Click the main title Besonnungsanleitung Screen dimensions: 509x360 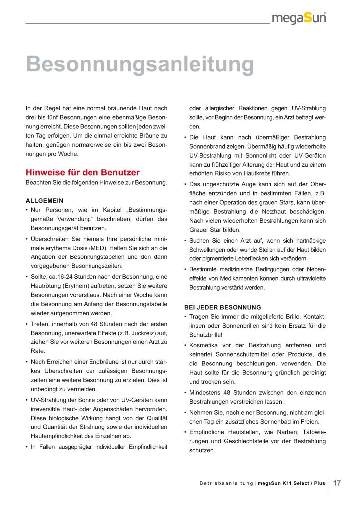[x=140, y=64]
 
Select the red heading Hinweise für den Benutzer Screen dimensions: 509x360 [x=83, y=173]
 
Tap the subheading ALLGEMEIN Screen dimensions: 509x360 [x=44, y=201]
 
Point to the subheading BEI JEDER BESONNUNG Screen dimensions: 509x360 [x=222, y=307]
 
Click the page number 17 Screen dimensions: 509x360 [x=337, y=483]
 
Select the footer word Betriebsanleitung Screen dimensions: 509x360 [x=226, y=483]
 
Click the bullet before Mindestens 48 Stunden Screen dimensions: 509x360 [x=185, y=392]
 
